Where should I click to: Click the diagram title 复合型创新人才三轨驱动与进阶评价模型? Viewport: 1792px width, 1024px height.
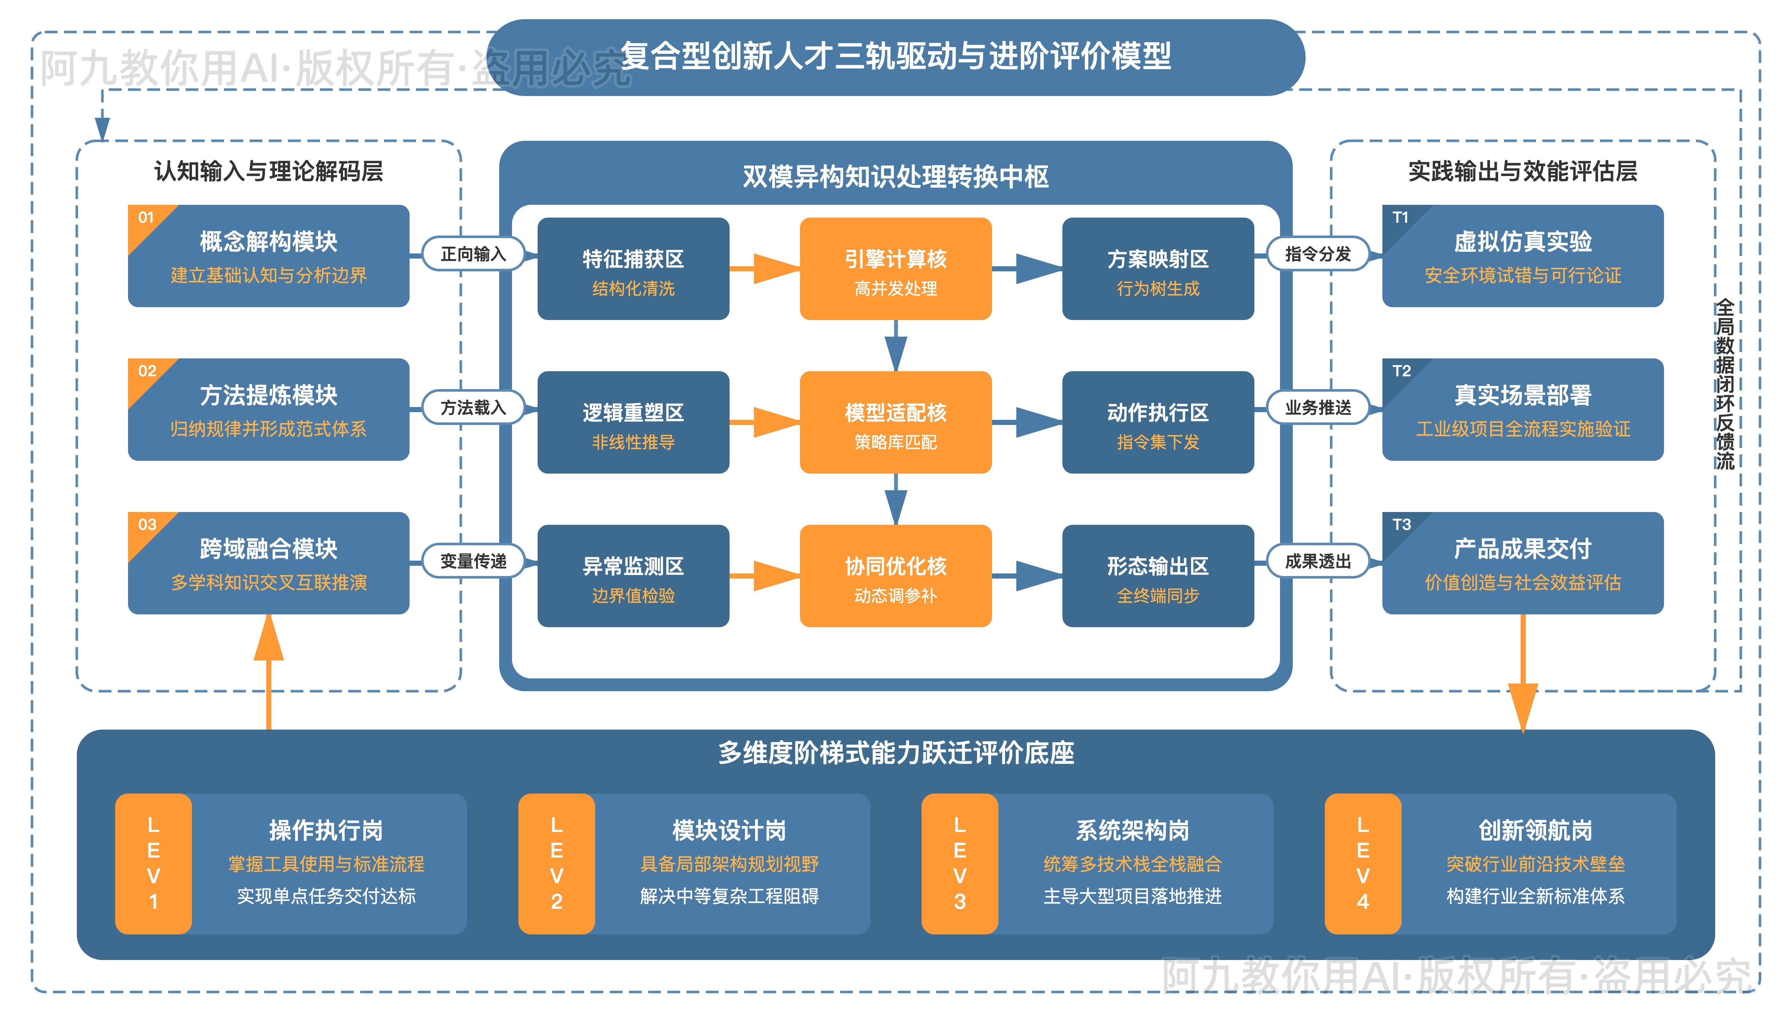(x=895, y=56)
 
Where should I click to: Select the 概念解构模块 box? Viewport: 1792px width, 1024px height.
(x=269, y=256)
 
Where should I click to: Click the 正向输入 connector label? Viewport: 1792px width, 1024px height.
(x=473, y=254)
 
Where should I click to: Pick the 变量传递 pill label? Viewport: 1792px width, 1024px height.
(x=473, y=561)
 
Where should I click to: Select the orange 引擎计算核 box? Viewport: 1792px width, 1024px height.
(x=895, y=269)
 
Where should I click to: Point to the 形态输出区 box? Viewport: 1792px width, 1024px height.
(x=1158, y=576)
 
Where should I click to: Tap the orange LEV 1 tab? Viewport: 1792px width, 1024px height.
(x=153, y=864)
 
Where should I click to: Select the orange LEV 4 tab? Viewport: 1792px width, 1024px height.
(x=1362, y=864)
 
